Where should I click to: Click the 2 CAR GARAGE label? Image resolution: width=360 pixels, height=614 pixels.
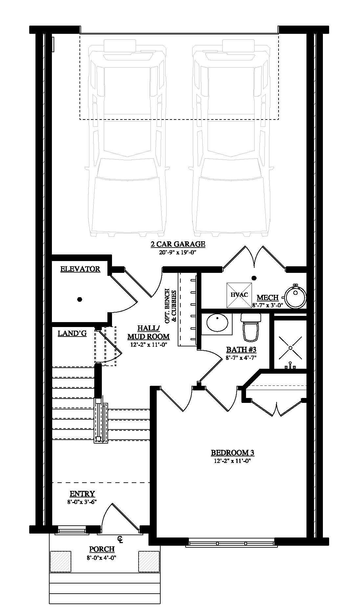pyautogui.click(x=178, y=244)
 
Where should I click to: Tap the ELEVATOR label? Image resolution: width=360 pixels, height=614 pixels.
pyautogui.click(x=80, y=269)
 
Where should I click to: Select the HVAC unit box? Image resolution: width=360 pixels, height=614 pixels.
pyautogui.click(x=239, y=295)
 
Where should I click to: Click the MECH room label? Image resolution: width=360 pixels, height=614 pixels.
pyautogui.click(x=267, y=297)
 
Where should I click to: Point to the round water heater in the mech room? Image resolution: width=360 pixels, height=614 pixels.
pyautogui.click(x=296, y=297)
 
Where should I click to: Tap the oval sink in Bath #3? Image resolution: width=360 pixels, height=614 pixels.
pyautogui.click(x=217, y=323)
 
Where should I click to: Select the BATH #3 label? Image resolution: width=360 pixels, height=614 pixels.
pyautogui.click(x=241, y=350)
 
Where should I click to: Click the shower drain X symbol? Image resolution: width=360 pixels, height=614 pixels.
pyautogui.click(x=290, y=348)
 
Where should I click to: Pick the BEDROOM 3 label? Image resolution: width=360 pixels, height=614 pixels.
pyautogui.click(x=233, y=453)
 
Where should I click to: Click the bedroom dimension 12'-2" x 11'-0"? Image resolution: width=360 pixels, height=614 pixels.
pyautogui.click(x=233, y=461)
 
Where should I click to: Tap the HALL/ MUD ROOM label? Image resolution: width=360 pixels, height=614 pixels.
pyautogui.click(x=148, y=332)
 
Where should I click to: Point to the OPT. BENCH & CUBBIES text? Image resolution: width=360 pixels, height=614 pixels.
pyautogui.click(x=171, y=306)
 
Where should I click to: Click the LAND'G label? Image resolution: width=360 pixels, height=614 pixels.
pyautogui.click(x=72, y=333)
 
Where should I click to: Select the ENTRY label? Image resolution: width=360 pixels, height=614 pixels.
pyautogui.click(x=82, y=494)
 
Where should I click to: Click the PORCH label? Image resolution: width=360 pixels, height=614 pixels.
pyautogui.click(x=102, y=549)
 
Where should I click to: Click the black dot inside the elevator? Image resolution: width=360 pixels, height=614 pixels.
pyautogui.click(x=79, y=299)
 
